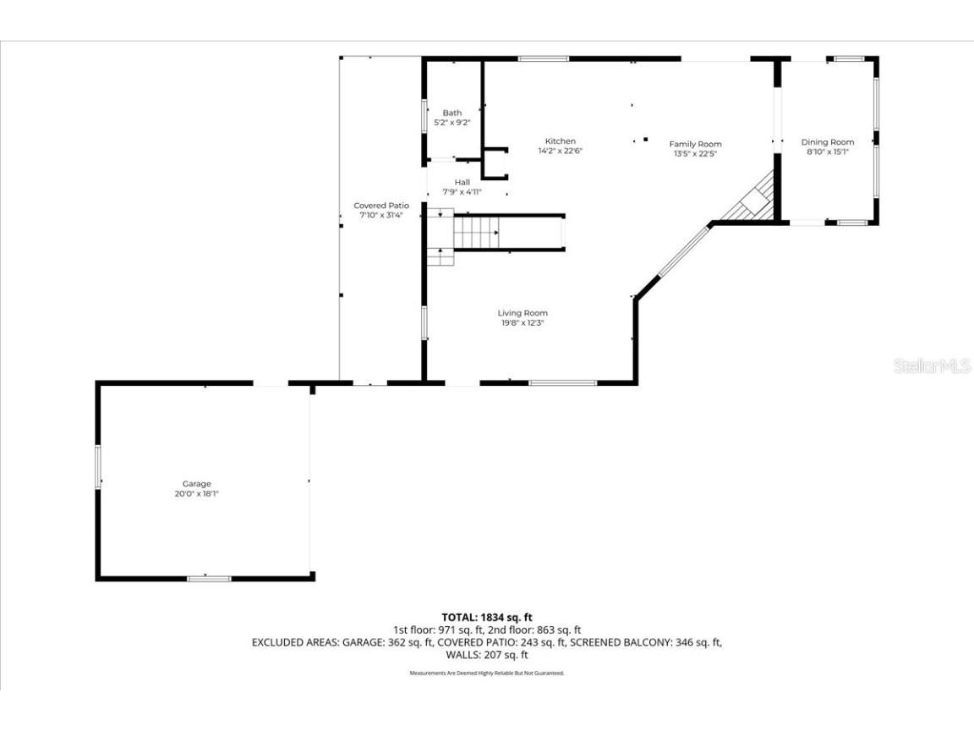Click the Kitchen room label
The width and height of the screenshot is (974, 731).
[x=560, y=141]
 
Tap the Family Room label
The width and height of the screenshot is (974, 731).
[x=695, y=144]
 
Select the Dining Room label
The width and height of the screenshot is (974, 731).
[x=827, y=142]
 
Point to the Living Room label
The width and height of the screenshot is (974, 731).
[x=522, y=313]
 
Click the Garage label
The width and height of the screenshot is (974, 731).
[x=196, y=484]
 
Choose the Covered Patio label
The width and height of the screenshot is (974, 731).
[x=380, y=206]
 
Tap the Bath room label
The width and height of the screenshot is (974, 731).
[x=452, y=113]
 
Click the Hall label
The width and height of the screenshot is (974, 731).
[x=462, y=182]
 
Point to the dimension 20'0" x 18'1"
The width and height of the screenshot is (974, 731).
[x=196, y=493]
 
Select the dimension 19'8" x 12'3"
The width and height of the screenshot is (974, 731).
[x=522, y=322]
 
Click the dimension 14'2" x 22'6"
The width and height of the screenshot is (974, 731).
[x=560, y=151]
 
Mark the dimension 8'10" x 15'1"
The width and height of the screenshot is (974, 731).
[x=827, y=151]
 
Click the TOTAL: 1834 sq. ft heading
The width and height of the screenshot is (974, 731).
[x=487, y=618]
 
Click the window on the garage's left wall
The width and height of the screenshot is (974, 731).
[x=98, y=465]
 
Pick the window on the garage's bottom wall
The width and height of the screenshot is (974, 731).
[x=208, y=579]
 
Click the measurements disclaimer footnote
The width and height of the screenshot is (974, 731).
[x=487, y=673]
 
